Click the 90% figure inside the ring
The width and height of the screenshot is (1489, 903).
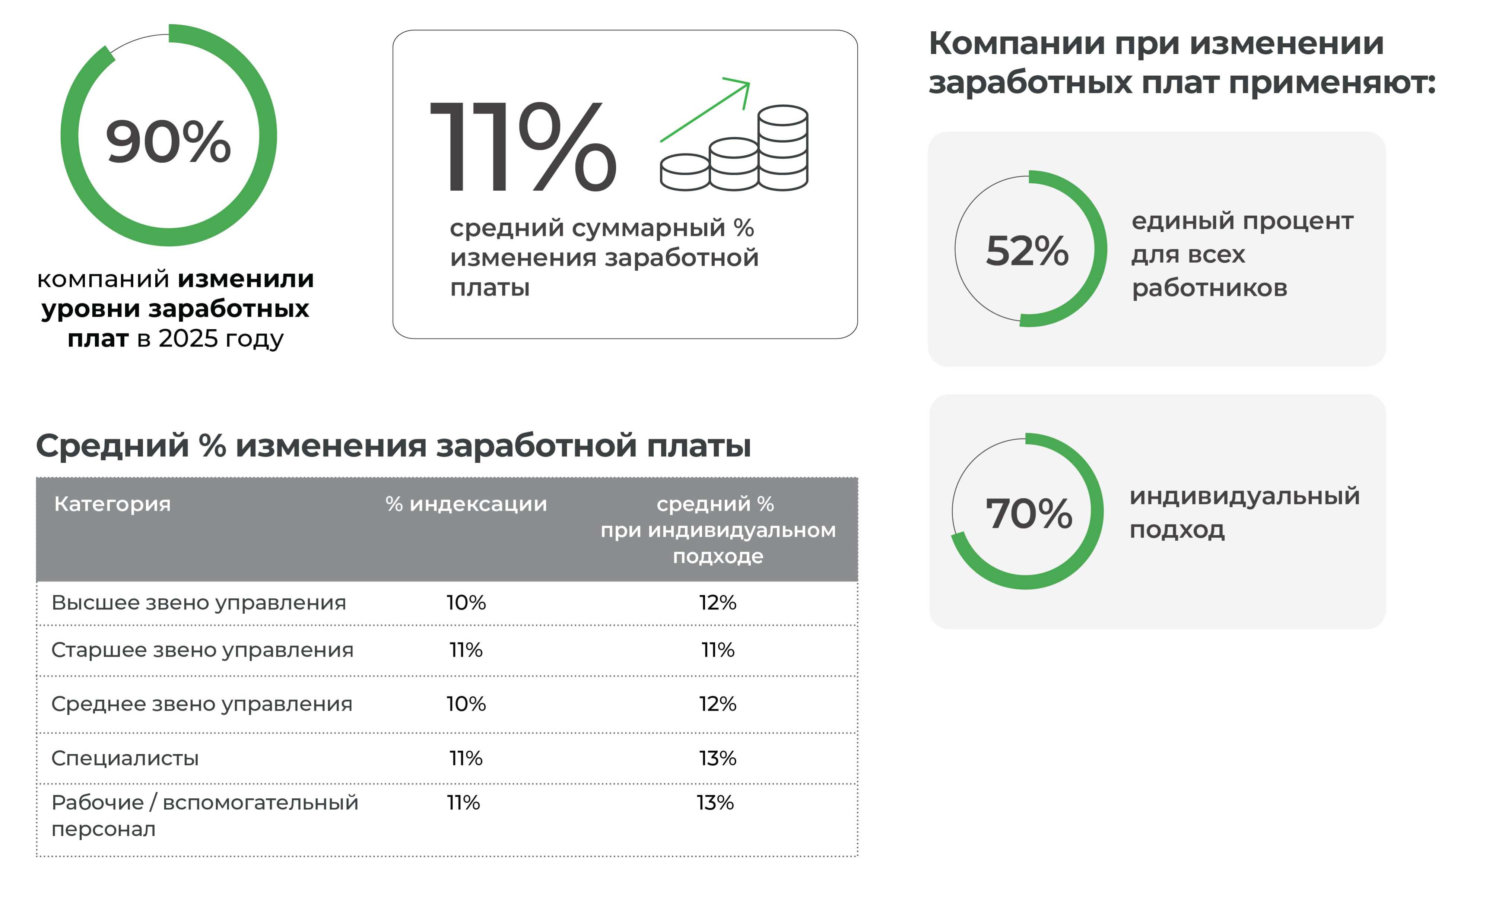click(168, 142)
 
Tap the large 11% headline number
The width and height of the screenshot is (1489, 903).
click(523, 147)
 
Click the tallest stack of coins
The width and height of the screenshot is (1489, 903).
click(783, 148)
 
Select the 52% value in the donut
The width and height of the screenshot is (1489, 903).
click(1027, 250)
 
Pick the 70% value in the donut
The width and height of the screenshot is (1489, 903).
click(1029, 514)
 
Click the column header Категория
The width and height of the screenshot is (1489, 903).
click(112, 504)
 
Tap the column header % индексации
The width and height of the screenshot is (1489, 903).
click(466, 504)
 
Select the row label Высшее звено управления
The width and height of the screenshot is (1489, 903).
click(199, 603)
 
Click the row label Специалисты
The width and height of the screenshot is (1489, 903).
click(125, 758)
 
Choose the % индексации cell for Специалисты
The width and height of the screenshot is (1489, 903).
click(466, 758)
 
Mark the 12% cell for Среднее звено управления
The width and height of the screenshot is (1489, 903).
click(718, 704)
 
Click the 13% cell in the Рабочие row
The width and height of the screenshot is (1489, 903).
click(715, 803)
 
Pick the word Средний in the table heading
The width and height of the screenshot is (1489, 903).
click(112, 446)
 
